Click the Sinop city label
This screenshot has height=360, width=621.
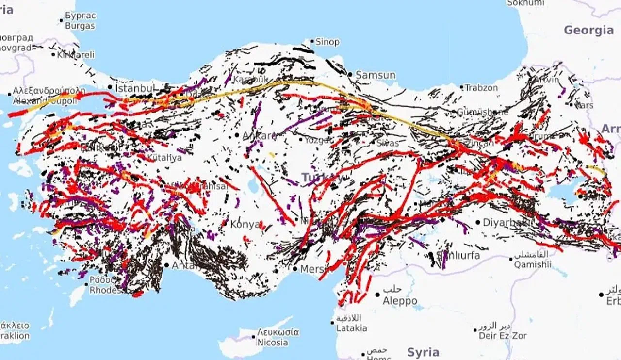327,42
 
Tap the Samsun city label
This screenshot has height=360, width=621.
376,75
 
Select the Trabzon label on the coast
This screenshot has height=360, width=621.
481,88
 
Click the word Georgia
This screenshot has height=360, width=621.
588,30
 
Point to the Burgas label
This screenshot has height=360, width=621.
80,25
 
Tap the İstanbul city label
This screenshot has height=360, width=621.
135,88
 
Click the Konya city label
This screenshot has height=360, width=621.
245,224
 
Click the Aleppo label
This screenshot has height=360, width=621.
400,301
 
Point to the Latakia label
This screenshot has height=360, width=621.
352,328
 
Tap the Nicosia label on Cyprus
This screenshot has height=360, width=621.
273,343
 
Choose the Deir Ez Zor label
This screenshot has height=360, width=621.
503,336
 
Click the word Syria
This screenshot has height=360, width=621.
423,352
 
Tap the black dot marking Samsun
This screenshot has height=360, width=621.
350,74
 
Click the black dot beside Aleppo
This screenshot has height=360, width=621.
377,295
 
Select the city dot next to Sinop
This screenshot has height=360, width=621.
312,41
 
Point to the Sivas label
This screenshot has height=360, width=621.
387,143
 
